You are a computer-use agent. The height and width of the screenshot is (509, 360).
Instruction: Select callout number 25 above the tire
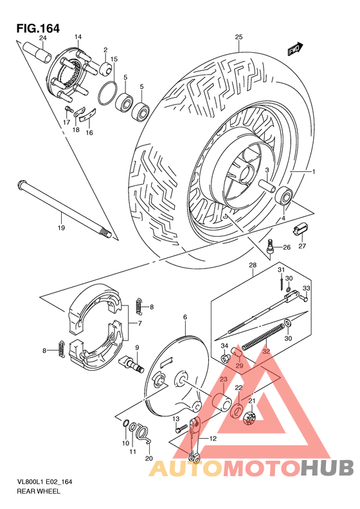click(x=238, y=37)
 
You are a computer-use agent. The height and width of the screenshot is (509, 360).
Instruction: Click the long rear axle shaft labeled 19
click(x=64, y=208)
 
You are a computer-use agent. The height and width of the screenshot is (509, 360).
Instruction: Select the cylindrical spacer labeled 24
click(x=37, y=51)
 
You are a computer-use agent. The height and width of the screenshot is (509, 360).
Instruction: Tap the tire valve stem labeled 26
click(x=271, y=246)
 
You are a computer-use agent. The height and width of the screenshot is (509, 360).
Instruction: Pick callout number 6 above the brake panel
click(x=184, y=317)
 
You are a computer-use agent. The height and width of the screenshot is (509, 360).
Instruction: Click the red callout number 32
click(x=266, y=351)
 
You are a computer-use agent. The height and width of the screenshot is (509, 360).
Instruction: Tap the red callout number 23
click(x=224, y=380)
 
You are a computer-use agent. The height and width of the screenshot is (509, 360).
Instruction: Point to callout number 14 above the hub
click(x=77, y=37)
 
